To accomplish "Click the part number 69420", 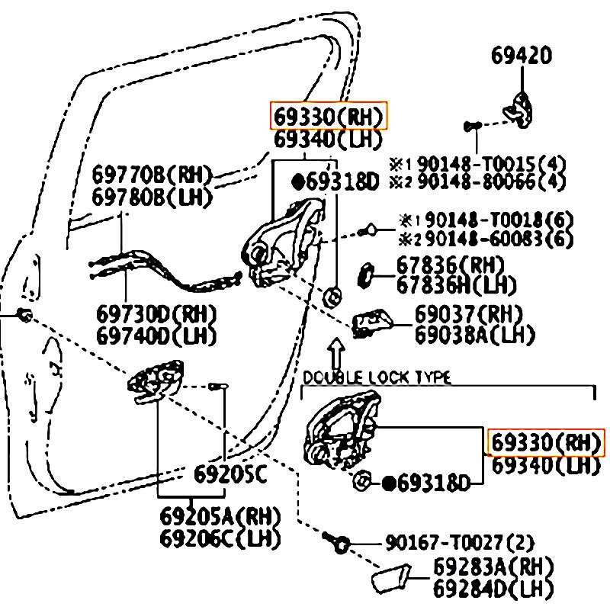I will pos(522,56).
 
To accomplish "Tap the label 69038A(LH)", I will pos(474,333).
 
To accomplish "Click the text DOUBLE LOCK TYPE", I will pos(377,377).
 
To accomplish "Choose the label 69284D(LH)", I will pos(493,588).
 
